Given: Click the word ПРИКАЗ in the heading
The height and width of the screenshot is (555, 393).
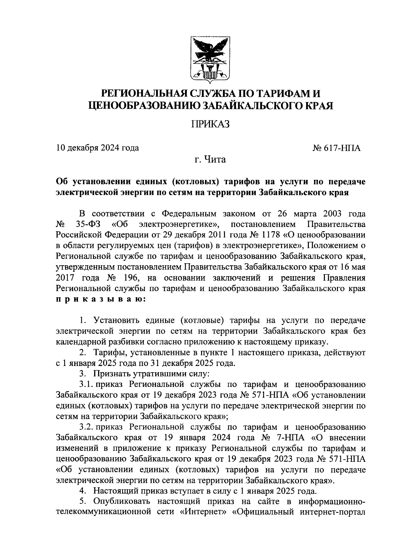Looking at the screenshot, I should click(210, 125).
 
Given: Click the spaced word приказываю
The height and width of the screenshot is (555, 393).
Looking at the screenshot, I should click(99, 299).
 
